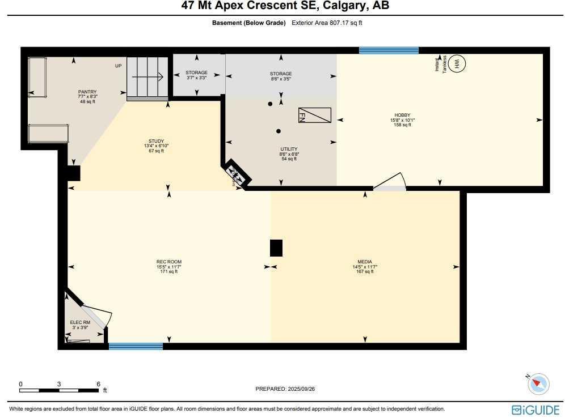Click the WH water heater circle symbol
click(x=457, y=63)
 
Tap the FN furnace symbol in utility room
click(x=314, y=115)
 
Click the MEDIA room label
click(x=365, y=262)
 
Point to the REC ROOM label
click(x=169, y=262)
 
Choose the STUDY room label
click(x=156, y=141)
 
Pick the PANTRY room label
click(x=87, y=92)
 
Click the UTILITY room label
click(x=289, y=150)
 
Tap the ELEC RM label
click(x=80, y=322)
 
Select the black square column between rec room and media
click(x=276, y=248)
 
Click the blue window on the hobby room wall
click(x=389, y=50)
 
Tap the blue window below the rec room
click(x=136, y=346)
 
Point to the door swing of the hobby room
click(x=391, y=182)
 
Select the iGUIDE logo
click(x=536, y=410)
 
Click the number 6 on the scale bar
click(x=99, y=384)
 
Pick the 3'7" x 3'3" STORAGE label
click(x=196, y=73)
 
